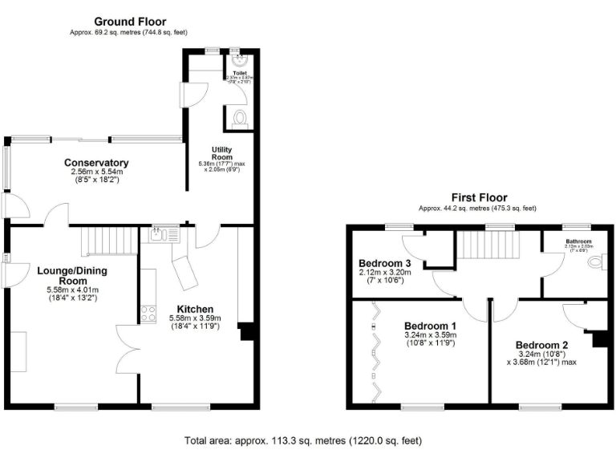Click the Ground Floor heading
click(129, 21)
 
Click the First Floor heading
click(478, 197)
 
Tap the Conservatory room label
click(96, 163)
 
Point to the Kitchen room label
click(195, 309)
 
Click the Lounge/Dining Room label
click(72, 276)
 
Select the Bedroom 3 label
click(385, 263)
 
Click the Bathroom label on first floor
click(578, 241)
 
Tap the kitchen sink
click(156, 233)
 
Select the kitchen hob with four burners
click(148, 314)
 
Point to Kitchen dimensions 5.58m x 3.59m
click(195, 318)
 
